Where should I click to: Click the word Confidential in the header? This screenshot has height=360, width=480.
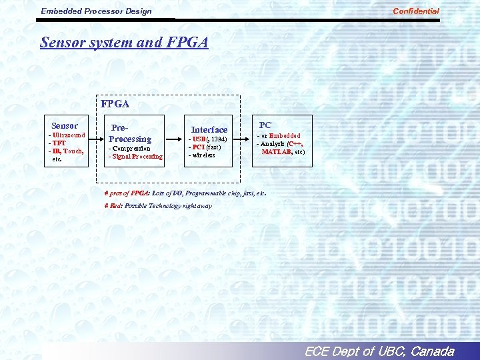tap(416, 11)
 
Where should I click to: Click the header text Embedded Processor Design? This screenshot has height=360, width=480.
tap(96, 11)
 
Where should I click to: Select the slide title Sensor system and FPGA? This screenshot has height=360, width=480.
tap(124, 43)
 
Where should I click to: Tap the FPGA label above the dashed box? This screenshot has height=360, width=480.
tap(115, 104)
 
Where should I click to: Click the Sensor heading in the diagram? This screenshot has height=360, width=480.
tap(65, 125)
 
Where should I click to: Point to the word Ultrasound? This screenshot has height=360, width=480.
tap(69, 135)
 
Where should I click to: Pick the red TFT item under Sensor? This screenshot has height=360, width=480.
tap(59, 143)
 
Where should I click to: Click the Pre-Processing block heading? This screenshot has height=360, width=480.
tap(130, 133)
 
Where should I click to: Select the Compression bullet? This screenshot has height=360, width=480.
tap(131, 148)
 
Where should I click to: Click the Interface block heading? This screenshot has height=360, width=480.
tap(209, 129)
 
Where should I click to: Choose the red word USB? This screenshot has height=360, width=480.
tap(199, 139)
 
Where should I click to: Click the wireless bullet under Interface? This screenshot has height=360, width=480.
tap(203, 155)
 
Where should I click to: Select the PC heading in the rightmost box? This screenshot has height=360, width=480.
tap(265, 125)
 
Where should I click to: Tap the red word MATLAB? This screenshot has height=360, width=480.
tap(275, 152)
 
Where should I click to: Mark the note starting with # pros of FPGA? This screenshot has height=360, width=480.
tap(185, 193)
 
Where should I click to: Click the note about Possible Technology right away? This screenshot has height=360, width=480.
tap(159, 206)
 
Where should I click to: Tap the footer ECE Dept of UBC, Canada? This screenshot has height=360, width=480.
tap(378, 351)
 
